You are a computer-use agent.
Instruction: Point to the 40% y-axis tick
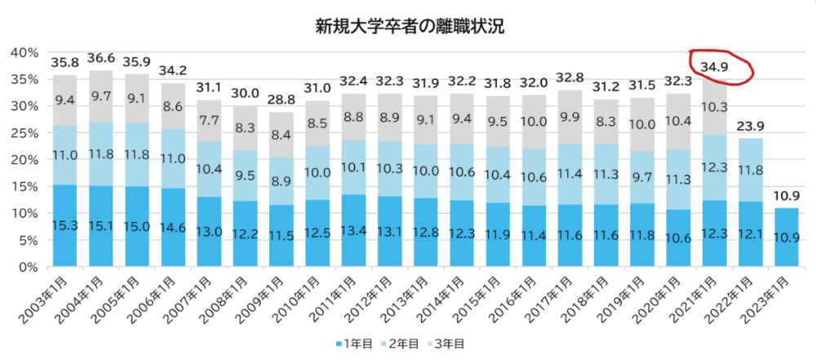(24, 52)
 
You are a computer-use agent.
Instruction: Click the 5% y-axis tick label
(27, 240)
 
